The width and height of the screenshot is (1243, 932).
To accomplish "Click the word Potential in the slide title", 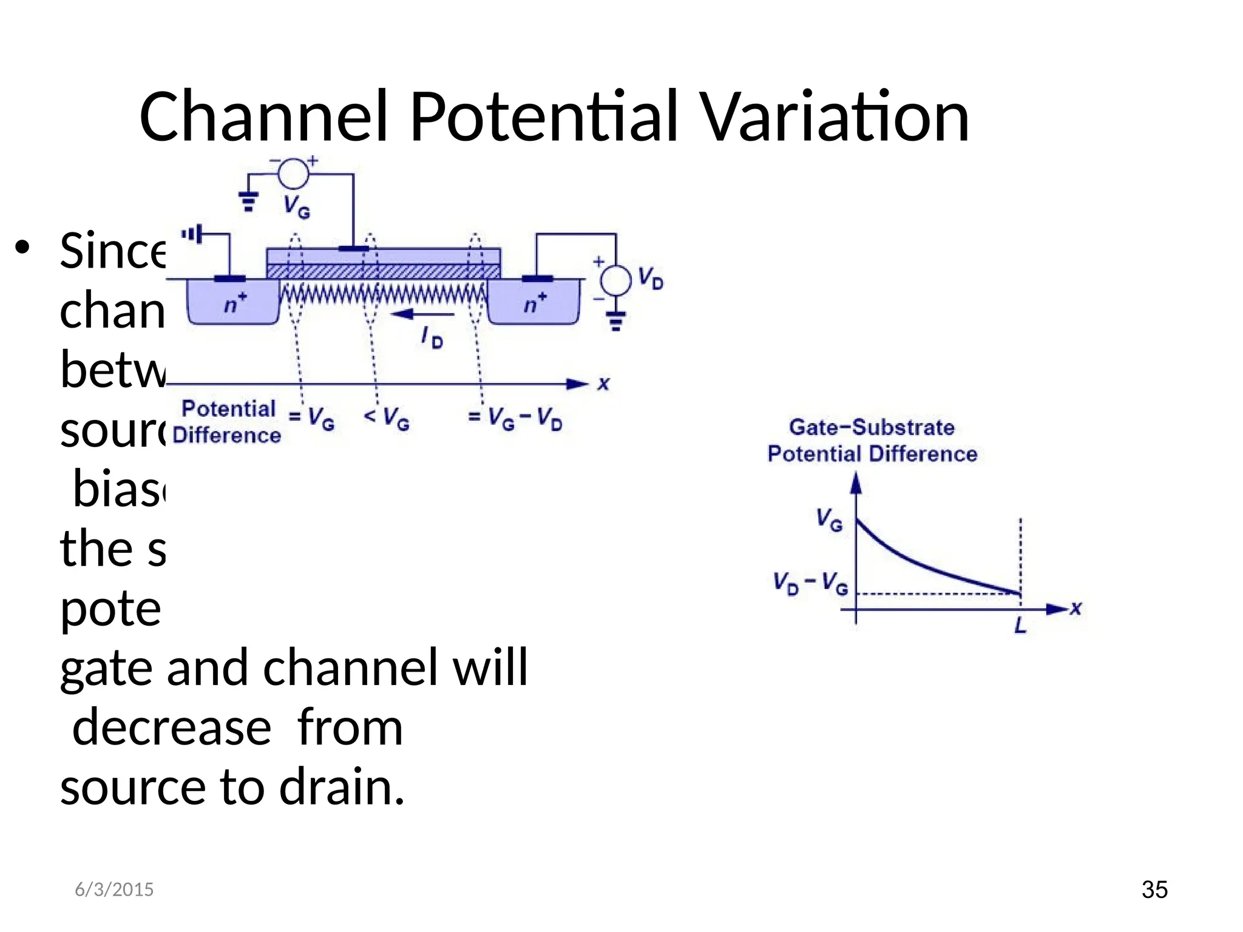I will coord(544,116).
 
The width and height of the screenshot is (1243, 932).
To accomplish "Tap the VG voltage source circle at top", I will coord(293,174).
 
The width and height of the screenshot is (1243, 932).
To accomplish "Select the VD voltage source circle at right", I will coord(615,280).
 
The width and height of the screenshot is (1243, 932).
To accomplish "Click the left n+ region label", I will coord(235,303).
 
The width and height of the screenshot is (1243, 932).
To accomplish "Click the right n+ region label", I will coord(535,303).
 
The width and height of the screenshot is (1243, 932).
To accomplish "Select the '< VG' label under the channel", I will coord(387,418).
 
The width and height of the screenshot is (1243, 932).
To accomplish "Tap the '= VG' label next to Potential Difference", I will coord(311,418).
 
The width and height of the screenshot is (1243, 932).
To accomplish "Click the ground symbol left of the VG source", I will coord(248,201).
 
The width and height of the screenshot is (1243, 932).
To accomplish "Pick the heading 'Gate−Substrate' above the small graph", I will coord(872,427).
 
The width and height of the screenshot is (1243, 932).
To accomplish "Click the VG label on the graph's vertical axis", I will coord(829,520).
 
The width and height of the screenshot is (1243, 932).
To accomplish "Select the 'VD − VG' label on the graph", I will coord(810,583).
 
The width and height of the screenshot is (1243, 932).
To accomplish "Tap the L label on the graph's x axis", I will coord(1020,625).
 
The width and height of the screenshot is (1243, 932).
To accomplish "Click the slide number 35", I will coord(1154,890).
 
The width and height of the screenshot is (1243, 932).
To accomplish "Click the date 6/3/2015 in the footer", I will coord(114,890).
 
